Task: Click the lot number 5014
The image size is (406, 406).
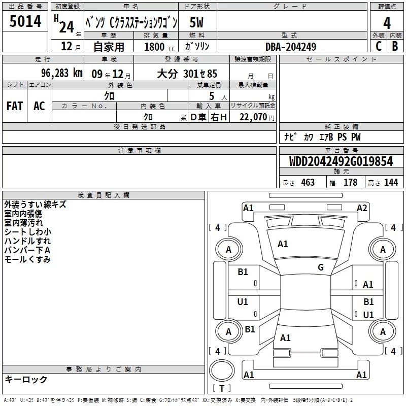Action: pyautogui.click(x=25, y=21)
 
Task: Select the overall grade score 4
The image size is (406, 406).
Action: pyautogui.click(x=387, y=23)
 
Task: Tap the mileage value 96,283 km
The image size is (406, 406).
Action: pyautogui.click(x=61, y=73)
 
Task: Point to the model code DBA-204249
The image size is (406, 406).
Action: pyautogui.click(x=291, y=47)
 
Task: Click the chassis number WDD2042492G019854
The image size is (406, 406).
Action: pyautogui.click(x=341, y=161)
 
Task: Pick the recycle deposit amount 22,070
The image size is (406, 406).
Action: pyautogui.click(x=253, y=117)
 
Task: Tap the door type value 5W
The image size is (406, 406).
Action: pyautogui.click(x=196, y=22)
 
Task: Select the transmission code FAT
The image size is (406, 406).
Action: pyautogui.click(x=15, y=106)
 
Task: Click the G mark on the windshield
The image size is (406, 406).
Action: pyautogui.click(x=321, y=267)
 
